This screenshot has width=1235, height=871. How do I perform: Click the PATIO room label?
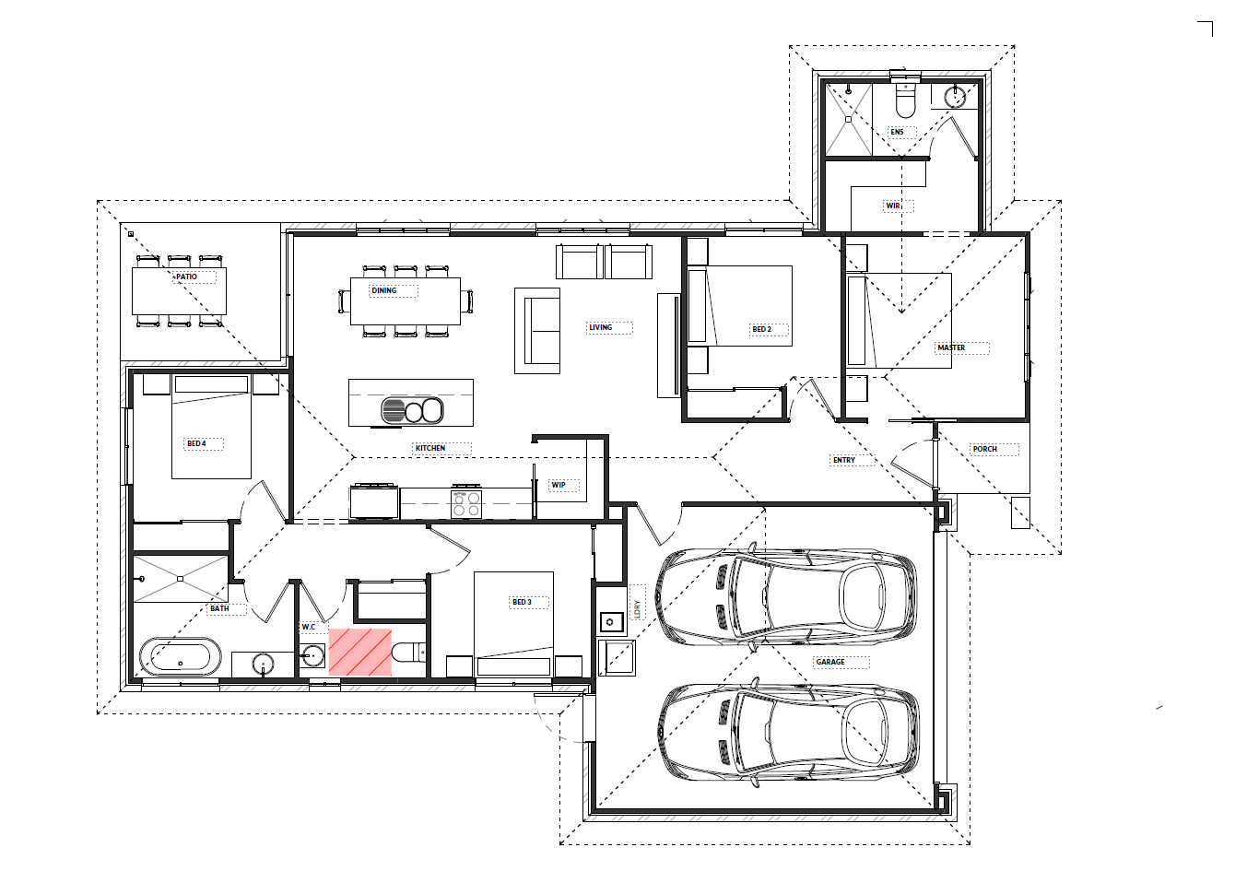coord(186,277)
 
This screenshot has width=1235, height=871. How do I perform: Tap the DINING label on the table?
coord(383,290)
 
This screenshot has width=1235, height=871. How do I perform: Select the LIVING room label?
coord(600,327)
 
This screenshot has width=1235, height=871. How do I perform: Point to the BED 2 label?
coord(762,329)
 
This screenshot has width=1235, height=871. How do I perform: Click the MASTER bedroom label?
coord(951,347)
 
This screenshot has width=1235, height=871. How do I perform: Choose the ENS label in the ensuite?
coord(897,132)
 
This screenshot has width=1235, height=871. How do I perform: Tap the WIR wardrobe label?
coord(893,206)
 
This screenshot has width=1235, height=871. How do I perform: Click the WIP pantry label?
coord(559,485)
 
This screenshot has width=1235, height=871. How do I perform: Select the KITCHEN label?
coord(430,448)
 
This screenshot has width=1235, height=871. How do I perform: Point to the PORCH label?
coord(984,449)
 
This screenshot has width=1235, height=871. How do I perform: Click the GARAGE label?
coord(830,662)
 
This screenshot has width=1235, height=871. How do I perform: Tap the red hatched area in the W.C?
coord(360,653)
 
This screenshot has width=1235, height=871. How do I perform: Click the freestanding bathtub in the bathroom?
coord(181,656)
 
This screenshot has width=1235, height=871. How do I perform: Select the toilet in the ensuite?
coord(905,100)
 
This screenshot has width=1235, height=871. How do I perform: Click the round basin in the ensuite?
coord(955,97)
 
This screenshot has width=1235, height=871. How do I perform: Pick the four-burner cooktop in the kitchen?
coord(466,504)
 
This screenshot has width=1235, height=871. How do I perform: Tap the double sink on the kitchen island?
coord(412,411)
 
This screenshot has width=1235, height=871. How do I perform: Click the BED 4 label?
coord(196,443)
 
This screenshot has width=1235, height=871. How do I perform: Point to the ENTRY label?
coord(844,460)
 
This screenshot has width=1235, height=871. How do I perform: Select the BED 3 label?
coord(523,602)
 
